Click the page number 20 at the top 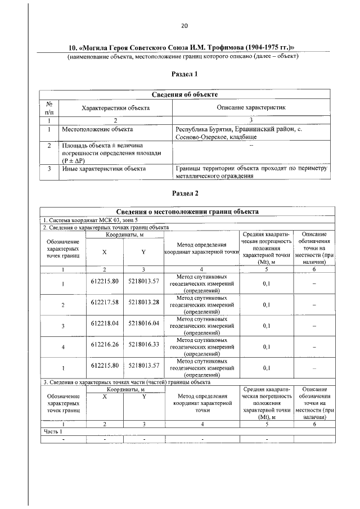coord(184,25)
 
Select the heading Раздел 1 coord(184,74)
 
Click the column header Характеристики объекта coord(115,106)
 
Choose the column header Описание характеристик coord(251,106)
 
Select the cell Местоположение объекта coord(94,129)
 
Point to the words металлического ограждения coord(214,175)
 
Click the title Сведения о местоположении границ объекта coord(188,212)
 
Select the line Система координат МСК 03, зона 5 coord(90,220)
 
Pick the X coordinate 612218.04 coord(105,323)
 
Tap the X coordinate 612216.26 coord(105,344)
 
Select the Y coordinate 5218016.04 coord(144,323)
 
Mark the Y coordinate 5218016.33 coord(144,344)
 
